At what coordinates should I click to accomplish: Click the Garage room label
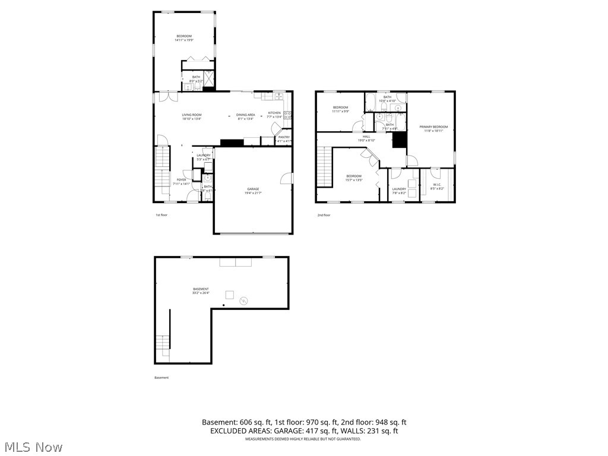tap(253, 191)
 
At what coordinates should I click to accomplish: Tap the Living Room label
tap(192, 116)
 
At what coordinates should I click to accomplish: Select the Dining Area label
tap(246, 116)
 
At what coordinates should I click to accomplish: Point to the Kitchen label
tap(274, 115)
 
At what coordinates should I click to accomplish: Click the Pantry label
tap(284, 139)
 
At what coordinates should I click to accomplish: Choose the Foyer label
tap(181, 182)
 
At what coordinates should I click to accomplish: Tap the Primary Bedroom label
tap(433, 129)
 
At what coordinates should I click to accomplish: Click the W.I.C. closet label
tap(437, 186)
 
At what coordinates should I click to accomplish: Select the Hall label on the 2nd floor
tap(366, 138)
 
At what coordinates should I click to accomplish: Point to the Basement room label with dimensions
tap(201, 290)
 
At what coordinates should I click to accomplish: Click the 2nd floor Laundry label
tap(399, 191)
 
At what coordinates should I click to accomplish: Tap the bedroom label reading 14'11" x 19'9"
tap(184, 38)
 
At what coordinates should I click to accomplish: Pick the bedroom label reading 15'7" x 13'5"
tap(354, 178)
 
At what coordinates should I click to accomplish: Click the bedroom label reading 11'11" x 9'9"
tap(340, 109)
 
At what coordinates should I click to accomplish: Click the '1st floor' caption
tap(161, 215)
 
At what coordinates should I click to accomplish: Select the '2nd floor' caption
tap(324, 215)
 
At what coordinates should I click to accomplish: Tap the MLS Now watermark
tap(33, 446)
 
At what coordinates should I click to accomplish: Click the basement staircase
tap(162, 343)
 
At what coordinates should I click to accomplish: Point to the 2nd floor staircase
tap(324, 167)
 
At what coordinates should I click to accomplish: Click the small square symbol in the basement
tap(229, 294)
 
